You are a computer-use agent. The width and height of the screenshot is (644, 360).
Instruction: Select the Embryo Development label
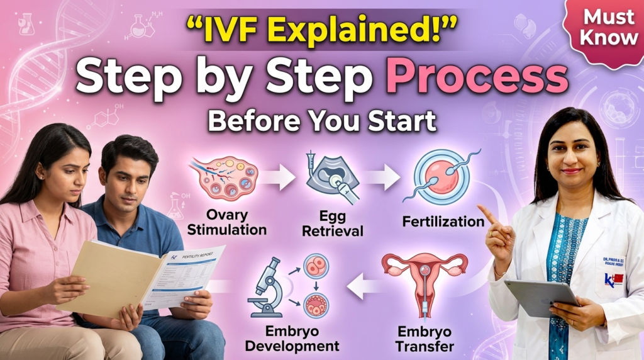click(292, 338)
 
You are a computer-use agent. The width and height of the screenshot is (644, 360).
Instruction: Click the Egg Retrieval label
click(332, 223)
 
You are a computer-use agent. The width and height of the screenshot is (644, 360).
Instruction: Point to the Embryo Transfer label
click(426, 338)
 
